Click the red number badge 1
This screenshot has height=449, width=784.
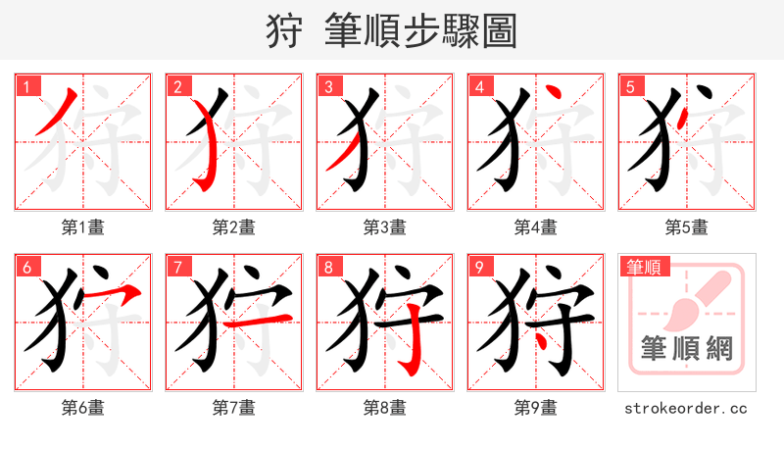point(26,86)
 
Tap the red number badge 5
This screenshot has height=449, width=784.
point(630,86)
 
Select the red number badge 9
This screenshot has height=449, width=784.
point(479,267)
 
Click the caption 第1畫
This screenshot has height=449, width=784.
point(83,227)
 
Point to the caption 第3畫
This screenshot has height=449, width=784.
point(385,227)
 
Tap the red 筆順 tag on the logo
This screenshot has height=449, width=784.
point(643,267)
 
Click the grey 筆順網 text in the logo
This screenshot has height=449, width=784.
point(686,349)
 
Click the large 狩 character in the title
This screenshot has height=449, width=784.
point(285,31)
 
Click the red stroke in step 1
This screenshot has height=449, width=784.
point(57,113)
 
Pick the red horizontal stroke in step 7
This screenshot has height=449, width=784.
point(244,323)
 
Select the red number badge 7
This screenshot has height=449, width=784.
point(177,267)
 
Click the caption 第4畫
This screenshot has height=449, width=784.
point(536,227)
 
